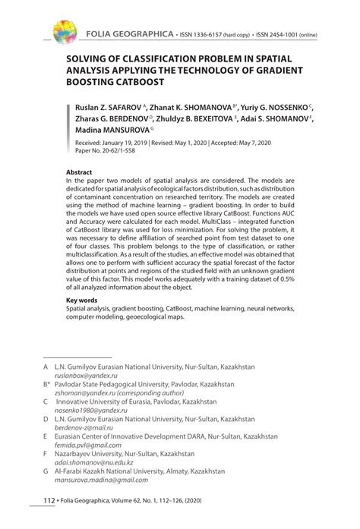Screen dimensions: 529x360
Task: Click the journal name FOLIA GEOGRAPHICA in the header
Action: pyautogui.click(x=128, y=36)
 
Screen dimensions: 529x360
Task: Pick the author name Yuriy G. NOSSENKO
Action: pyautogui.click(x=280, y=109)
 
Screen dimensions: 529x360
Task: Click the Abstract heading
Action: pyautogui.click(x=80, y=172)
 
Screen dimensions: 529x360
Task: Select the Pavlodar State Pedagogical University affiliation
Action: pyautogui.click(x=144, y=386)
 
